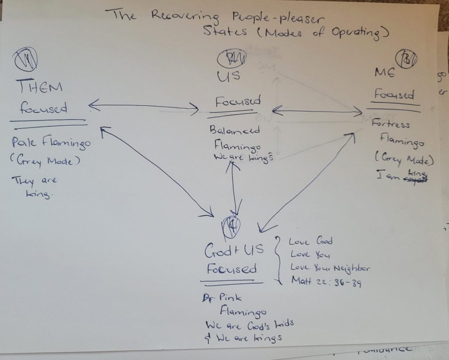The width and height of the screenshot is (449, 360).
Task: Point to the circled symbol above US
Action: (x=235, y=57)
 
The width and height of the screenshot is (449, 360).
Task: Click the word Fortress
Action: (x=390, y=124)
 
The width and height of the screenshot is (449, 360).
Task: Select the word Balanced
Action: (x=234, y=130)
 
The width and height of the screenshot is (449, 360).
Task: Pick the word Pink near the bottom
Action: (x=231, y=298)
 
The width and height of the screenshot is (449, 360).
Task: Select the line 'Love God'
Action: (x=310, y=241)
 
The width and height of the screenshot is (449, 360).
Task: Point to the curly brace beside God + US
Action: (x=278, y=259)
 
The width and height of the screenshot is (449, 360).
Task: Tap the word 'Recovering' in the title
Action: (x=185, y=16)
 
